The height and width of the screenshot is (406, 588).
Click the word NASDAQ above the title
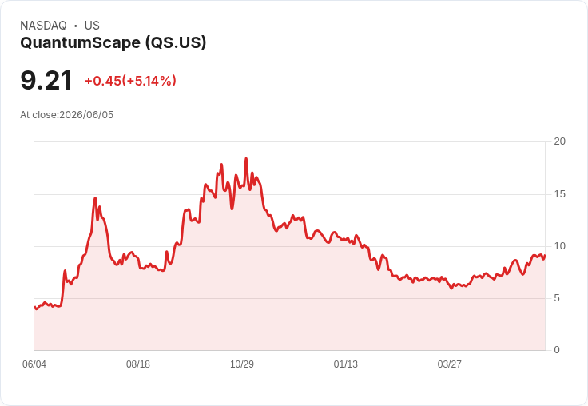click(43, 26)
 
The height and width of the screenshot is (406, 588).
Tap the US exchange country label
click(92, 26)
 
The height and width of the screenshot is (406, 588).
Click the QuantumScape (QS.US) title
click(113, 43)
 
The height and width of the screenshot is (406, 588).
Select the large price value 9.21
click(46, 80)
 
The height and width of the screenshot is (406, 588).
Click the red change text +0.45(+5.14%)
click(130, 81)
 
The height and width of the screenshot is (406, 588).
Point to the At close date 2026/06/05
click(86, 115)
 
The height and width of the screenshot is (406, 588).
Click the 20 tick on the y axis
click(559, 141)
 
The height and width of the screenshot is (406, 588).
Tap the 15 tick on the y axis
click(559, 194)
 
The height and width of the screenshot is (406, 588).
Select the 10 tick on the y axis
click(559, 246)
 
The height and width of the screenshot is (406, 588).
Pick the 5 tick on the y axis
click(557, 298)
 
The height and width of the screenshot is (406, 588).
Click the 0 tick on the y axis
click(557, 350)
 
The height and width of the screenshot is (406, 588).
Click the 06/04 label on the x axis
click(34, 364)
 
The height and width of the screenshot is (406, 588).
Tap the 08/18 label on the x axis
click(138, 364)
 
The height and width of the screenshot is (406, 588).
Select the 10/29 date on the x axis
click(242, 364)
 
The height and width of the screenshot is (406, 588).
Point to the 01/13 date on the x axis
click(346, 364)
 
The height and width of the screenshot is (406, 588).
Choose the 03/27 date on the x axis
click(449, 364)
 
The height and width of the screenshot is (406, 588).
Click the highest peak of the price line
click(246, 158)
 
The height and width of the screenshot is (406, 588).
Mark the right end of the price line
click(545, 255)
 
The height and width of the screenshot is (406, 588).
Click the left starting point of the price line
click(34, 307)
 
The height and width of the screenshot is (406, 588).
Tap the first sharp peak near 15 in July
click(95, 197)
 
